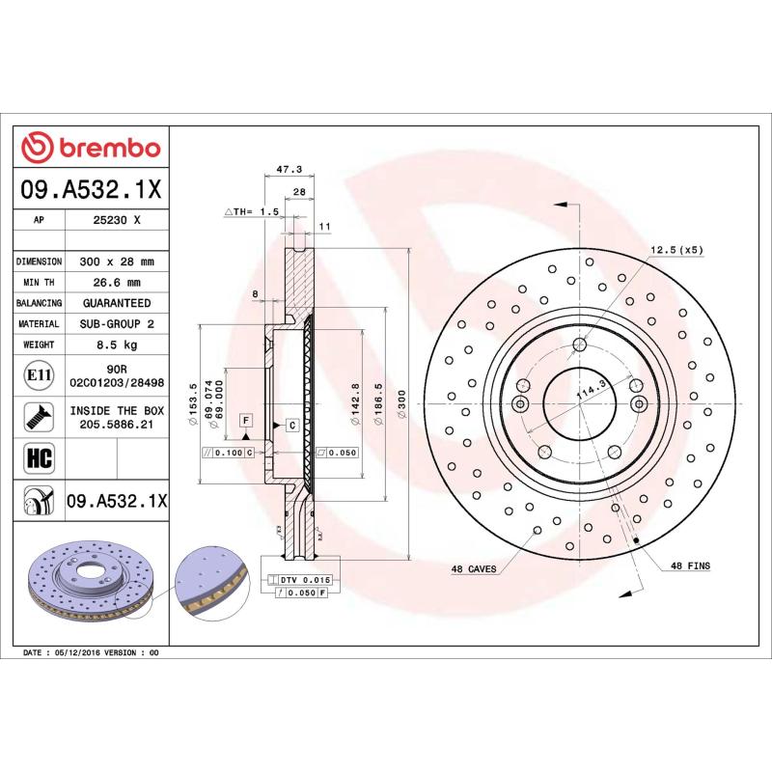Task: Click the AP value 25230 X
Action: pyautogui.click(x=117, y=220)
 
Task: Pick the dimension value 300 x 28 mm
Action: pyautogui.click(x=117, y=262)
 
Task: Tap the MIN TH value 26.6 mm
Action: pyautogui.click(x=117, y=283)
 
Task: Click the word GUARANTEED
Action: pyautogui.click(x=117, y=303)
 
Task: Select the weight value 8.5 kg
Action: pyautogui.click(x=117, y=345)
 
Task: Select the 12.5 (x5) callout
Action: pyautogui.click(x=676, y=250)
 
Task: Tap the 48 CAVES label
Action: pyautogui.click(x=473, y=569)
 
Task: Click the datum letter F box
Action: pyautogui.click(x=246, y=421)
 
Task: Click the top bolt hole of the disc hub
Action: pyautogui.click(x=579, y=345)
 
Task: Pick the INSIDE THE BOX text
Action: pyautogui.click(x=117, y=410)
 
